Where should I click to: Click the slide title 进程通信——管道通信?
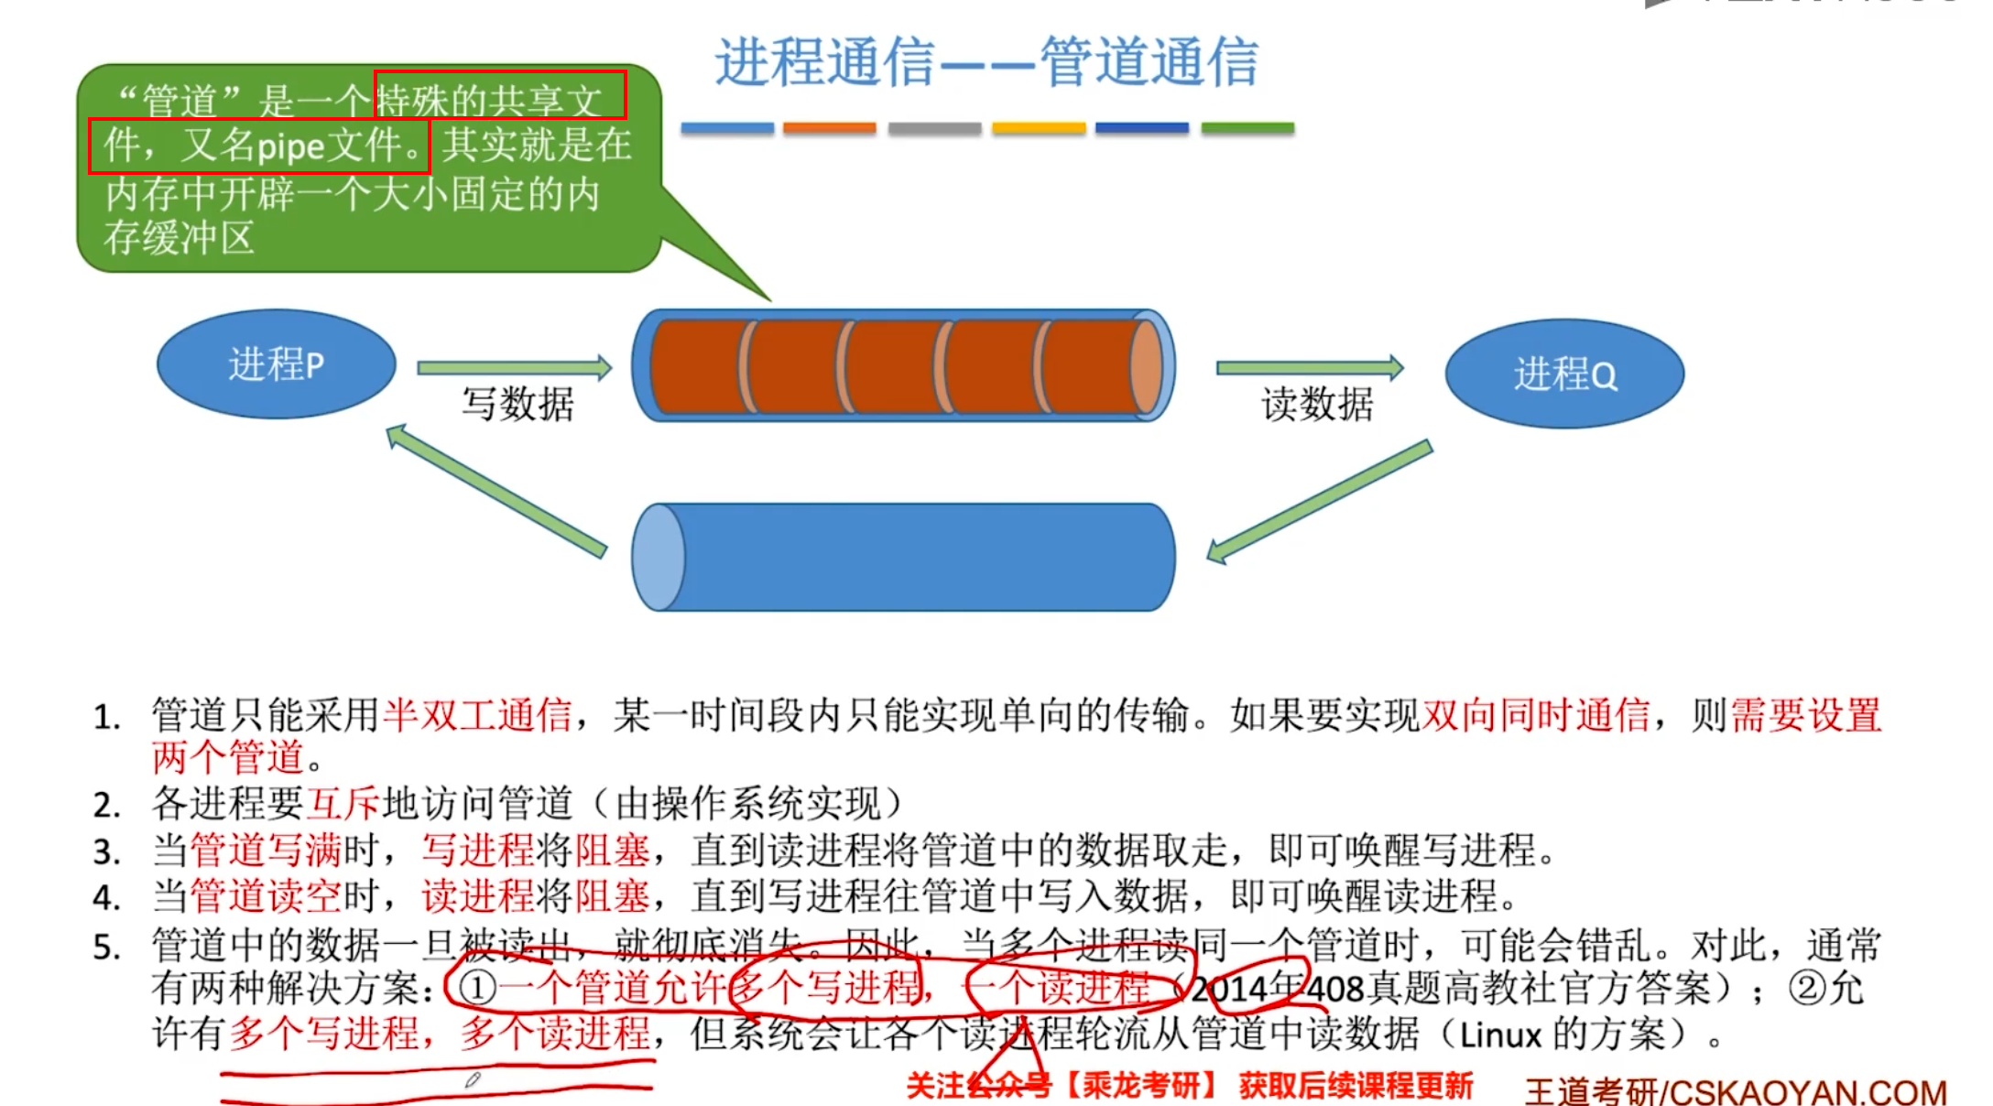coord(986,62)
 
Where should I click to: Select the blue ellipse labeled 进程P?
coord(276,363)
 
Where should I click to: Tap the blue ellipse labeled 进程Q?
coord(1564,374)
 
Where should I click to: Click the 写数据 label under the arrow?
coord(517,404)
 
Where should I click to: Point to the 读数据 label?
coord(1317,404)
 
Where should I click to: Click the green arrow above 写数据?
coord(514,368)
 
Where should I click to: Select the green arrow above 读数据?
coord(1310,368)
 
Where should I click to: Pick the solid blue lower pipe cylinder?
coord(904,557)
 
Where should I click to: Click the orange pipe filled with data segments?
coord(904,366)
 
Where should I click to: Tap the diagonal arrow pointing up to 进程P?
coord(496,491)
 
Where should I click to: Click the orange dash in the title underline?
coord(829,128)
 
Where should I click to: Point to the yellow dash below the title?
coord(1039,128)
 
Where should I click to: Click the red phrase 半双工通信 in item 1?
coord(477,715)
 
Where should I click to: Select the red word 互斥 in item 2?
coord(343,804)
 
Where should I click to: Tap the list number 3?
coord(106,852)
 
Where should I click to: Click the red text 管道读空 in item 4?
coord(266,896)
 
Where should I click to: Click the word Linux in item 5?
coord(1500,1036)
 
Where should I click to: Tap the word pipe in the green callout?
coord(291,146)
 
